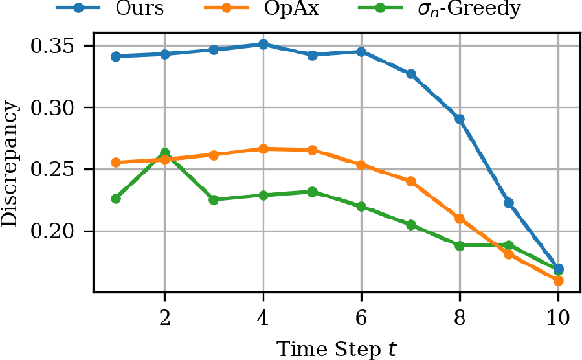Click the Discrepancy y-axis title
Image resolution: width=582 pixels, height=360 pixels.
pyautogui.click(x=13, y=161)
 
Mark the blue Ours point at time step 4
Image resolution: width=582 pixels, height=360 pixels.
pyautogui.click(x=263, y=44)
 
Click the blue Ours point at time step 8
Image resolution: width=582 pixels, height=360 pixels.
pyautogui.click(x=460, y=119)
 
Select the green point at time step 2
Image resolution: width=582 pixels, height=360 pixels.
pyautogui.click(x=165, y=152)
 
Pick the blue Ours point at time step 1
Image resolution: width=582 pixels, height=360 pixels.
pyautogui.click(x=116, y=56)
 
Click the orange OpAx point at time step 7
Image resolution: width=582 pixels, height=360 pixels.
pyautogui.click(x=410, y=182)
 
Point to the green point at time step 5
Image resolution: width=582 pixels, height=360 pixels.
pyautogui.click(x=312, y=192)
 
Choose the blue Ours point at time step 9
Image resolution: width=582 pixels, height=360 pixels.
pyautogui.click(x=509, y=203)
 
